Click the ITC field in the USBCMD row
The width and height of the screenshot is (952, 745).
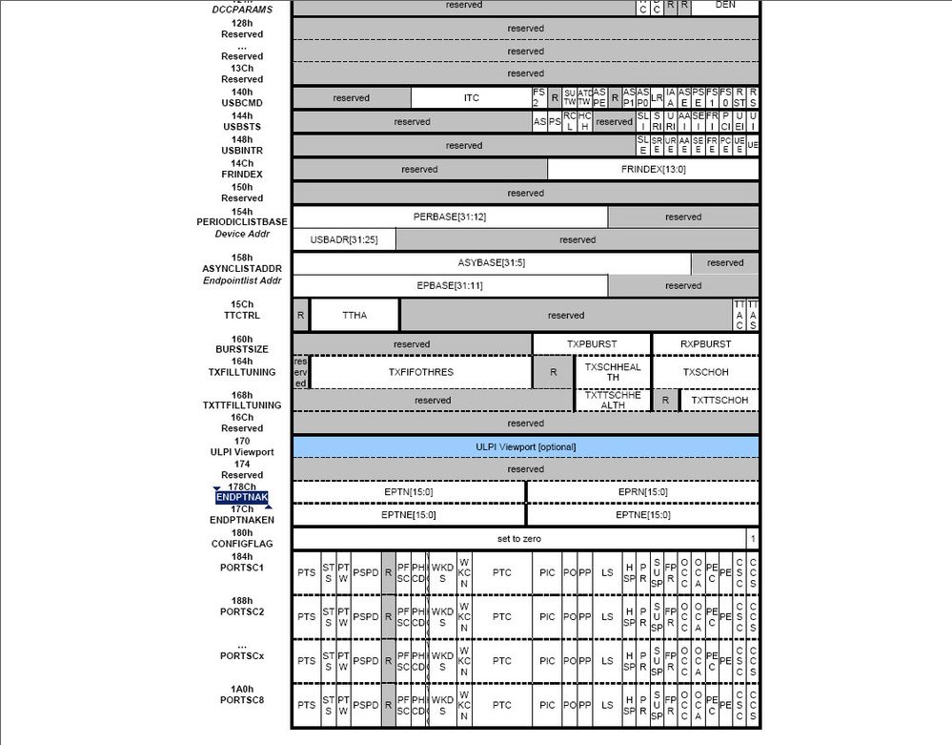[472, 97]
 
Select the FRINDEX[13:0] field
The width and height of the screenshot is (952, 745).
[653, 169]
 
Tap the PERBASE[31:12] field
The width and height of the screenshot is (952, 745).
[450, 217]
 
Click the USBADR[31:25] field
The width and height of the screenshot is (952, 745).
[344, 239]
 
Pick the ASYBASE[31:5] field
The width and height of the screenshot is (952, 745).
[491, 262]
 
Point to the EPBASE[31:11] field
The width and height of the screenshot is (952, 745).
[450, 285]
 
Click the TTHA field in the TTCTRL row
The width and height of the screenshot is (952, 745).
[354, 315]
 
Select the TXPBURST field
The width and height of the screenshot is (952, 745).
[592, 343]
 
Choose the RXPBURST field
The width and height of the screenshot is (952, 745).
[705, 343]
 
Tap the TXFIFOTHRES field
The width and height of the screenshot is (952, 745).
[420, 372]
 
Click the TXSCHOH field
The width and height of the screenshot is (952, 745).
[705, 372]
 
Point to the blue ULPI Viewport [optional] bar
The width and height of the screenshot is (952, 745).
[525, 446]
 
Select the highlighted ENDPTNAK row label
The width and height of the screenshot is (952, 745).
[242, 497]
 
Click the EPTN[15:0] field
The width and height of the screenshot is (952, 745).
[409, 491]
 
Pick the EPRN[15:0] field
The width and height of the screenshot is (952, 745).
[642, 491]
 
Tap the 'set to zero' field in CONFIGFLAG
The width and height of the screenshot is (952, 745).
[518, 539]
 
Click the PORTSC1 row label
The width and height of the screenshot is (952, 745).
[242, 568]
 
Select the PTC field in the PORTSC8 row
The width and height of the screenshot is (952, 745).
[502, 706]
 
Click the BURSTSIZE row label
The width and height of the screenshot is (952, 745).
[242, 350]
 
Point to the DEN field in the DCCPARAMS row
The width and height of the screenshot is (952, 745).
[725, 5]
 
